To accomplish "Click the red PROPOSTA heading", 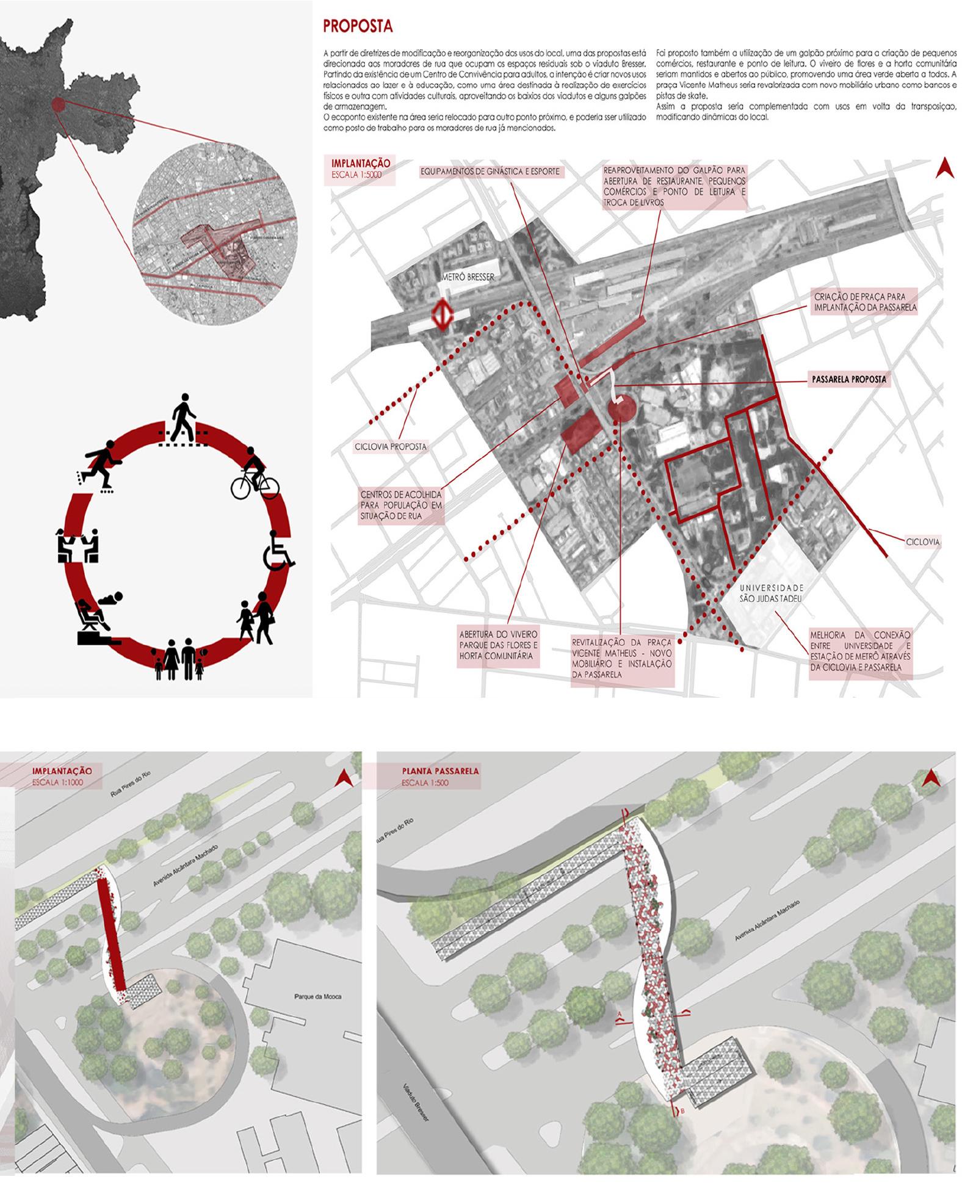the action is pos(358,26).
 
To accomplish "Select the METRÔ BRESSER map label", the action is pos(468,277).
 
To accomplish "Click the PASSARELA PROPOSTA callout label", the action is pos(848,379).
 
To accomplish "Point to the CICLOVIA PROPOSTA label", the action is pos(391,447).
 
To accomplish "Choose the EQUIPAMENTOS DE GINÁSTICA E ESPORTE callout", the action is pos(490,172).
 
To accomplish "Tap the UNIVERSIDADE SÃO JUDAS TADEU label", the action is pos(771,593).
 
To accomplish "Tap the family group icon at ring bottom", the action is pos(180,659).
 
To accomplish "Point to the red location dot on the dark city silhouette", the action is pos(57,104).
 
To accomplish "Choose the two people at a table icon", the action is pos(77,546).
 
